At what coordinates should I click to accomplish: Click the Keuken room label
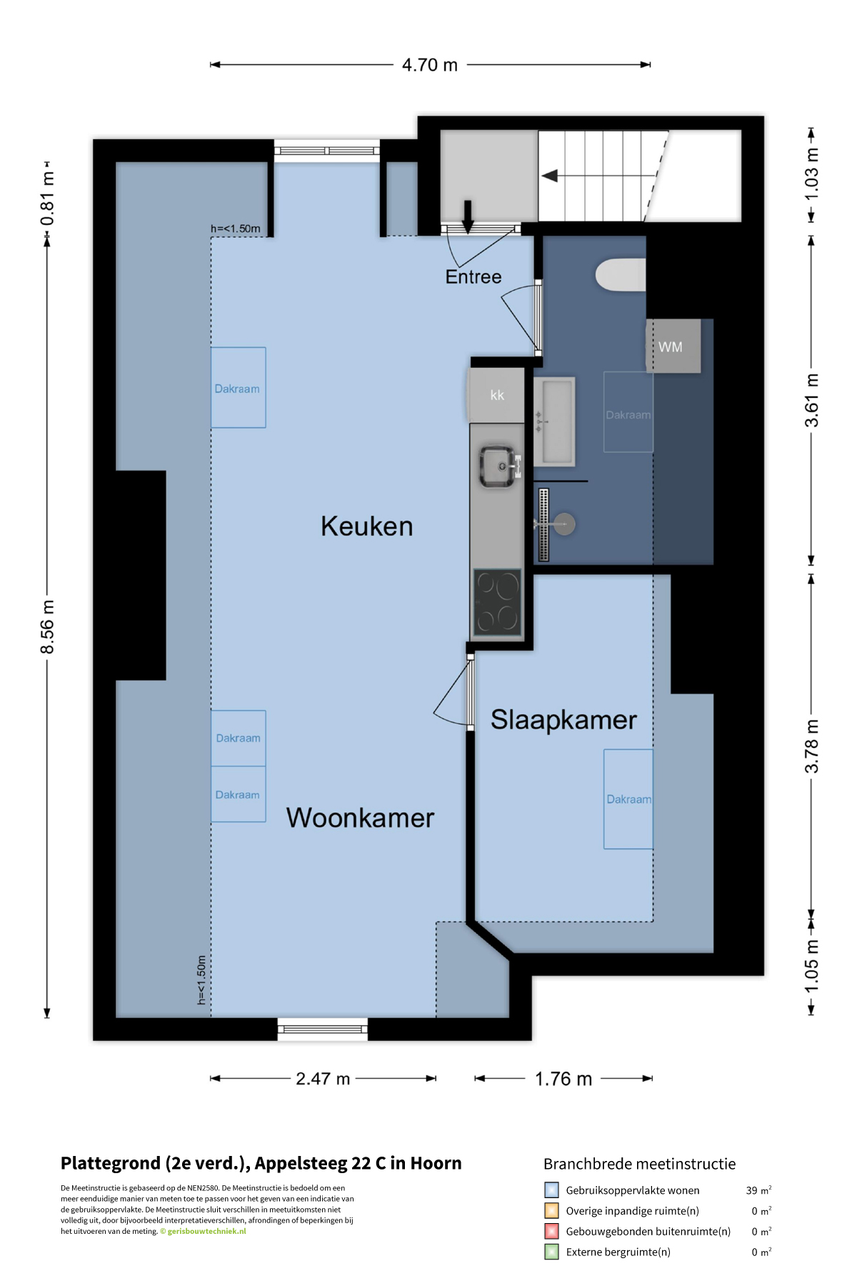(366, 527)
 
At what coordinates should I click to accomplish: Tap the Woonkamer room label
(360, 818)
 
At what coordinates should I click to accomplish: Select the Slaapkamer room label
(563, 720)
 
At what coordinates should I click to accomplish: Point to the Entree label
(473, 277)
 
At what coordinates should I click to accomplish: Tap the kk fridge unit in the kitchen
(497, 395)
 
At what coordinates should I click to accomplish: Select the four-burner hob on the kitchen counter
(497, 602)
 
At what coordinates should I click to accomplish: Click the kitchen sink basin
(497, 467)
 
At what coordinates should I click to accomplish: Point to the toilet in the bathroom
(621, 275)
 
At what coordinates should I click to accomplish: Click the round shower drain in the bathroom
(564, 524)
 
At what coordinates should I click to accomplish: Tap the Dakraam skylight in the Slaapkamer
(628, 799)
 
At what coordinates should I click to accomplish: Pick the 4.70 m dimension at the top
(430, 65)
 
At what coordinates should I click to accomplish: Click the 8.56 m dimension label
(47, 627)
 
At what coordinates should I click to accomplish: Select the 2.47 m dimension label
(323, 1079)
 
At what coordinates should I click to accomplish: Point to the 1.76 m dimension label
(563, 1079)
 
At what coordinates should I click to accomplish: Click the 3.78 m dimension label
(812, 746)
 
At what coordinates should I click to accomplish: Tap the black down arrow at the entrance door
(468, 216)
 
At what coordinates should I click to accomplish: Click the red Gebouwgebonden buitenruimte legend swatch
(551, 1231)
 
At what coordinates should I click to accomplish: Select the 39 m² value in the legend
(758, 1190)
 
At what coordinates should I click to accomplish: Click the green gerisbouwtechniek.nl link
(206, 1231)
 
